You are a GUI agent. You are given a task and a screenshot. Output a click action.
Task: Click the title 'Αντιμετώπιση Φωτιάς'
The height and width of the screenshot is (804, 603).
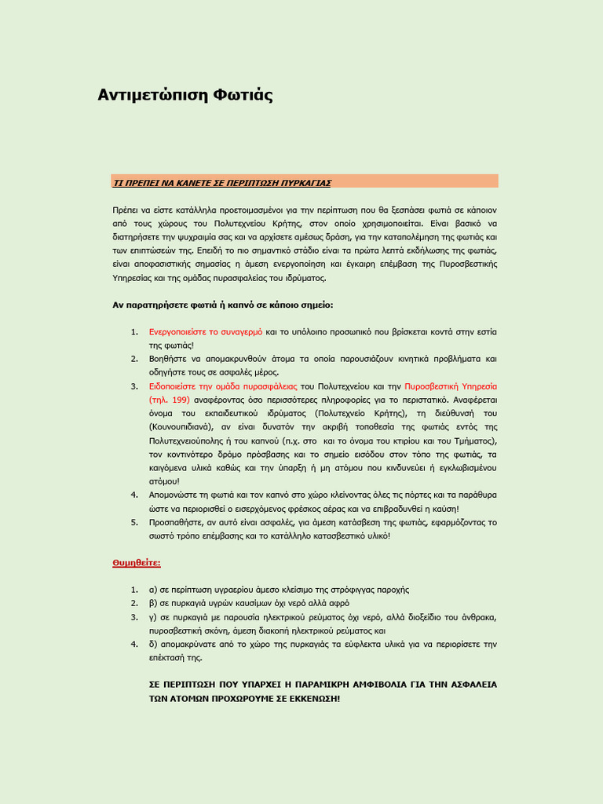coord(185,95)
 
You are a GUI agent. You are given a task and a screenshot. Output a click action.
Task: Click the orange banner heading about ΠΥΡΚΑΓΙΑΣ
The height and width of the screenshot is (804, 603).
coord(222,182)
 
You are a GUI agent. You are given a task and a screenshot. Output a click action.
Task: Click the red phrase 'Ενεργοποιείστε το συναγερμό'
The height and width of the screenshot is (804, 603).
coord(206,332)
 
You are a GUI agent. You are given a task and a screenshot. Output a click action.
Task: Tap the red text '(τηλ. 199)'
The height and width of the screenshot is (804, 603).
coord(170,400)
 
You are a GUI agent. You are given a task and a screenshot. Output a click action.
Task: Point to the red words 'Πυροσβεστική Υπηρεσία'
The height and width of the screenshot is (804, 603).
coord(451,386)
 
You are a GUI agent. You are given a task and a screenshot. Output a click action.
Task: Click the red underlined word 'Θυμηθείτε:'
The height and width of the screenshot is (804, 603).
coord(137,563)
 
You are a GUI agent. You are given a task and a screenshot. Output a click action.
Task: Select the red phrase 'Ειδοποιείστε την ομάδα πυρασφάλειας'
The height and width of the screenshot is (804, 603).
coord(223,386)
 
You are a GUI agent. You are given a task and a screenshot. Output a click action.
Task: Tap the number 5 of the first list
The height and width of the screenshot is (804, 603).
coord(133,522)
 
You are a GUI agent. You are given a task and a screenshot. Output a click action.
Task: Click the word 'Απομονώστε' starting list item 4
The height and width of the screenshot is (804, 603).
coord(173,495)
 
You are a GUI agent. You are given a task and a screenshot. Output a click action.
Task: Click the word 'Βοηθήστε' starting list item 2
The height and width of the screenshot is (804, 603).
coord(167,359)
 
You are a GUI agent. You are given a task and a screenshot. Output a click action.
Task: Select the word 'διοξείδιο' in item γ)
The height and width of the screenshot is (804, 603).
coord(437,616)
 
